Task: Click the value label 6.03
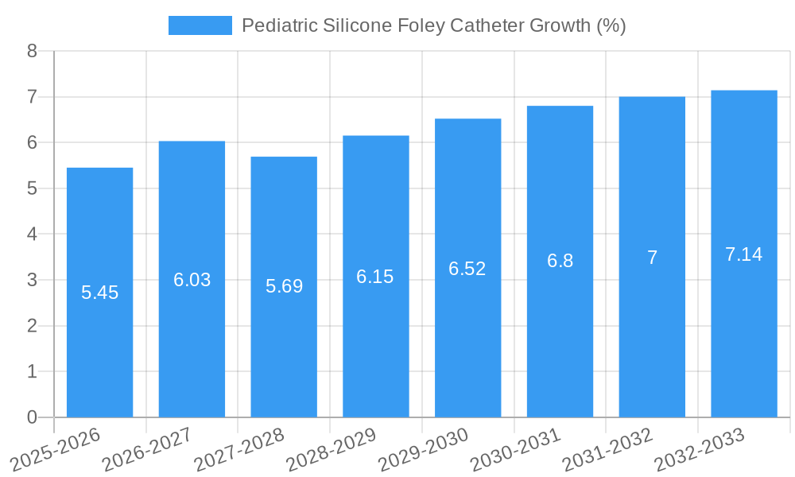[192, 280]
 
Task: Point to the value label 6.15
[375, 277]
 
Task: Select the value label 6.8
[560, 261]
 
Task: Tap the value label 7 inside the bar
[652, 258]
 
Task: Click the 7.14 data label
[743, 254]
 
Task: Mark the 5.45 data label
[99, 293]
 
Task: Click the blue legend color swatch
[200, 25]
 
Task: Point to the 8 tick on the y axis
[32, 51]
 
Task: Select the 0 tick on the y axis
[32, 417]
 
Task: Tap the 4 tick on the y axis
[32, 235]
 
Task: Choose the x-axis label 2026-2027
[147, 450]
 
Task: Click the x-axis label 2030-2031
[516, 450]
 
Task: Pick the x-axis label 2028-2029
[332, 450]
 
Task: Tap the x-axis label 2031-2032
[608, 450]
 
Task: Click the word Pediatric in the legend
[279, 25]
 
